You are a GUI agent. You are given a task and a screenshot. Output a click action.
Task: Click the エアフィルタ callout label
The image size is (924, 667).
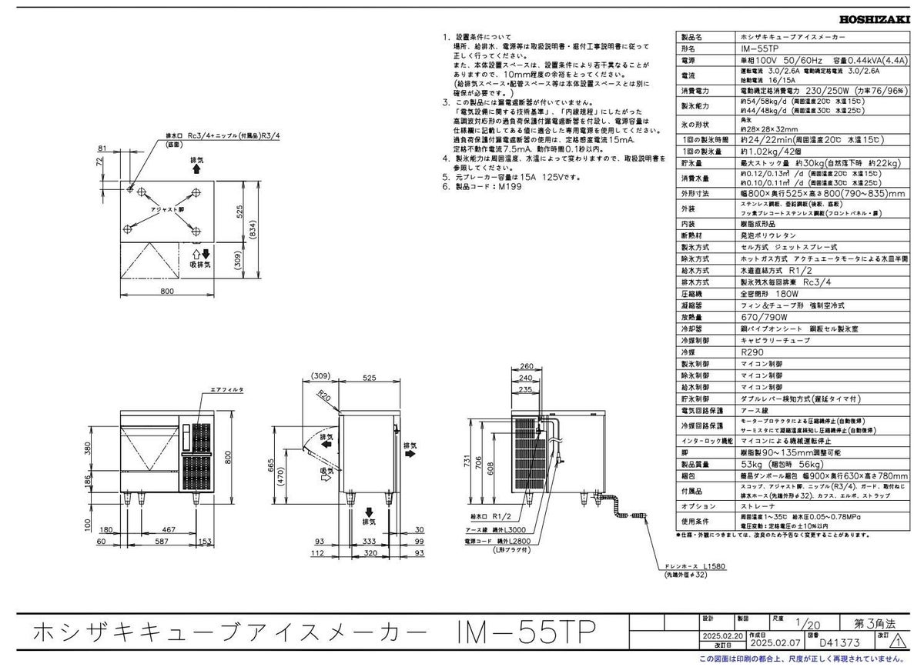tap(227, 391)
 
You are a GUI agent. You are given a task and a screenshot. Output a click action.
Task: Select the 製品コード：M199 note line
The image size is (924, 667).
tap(483, 187)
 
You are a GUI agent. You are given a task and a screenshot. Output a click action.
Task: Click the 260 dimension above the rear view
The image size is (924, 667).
tap(525, 366)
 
